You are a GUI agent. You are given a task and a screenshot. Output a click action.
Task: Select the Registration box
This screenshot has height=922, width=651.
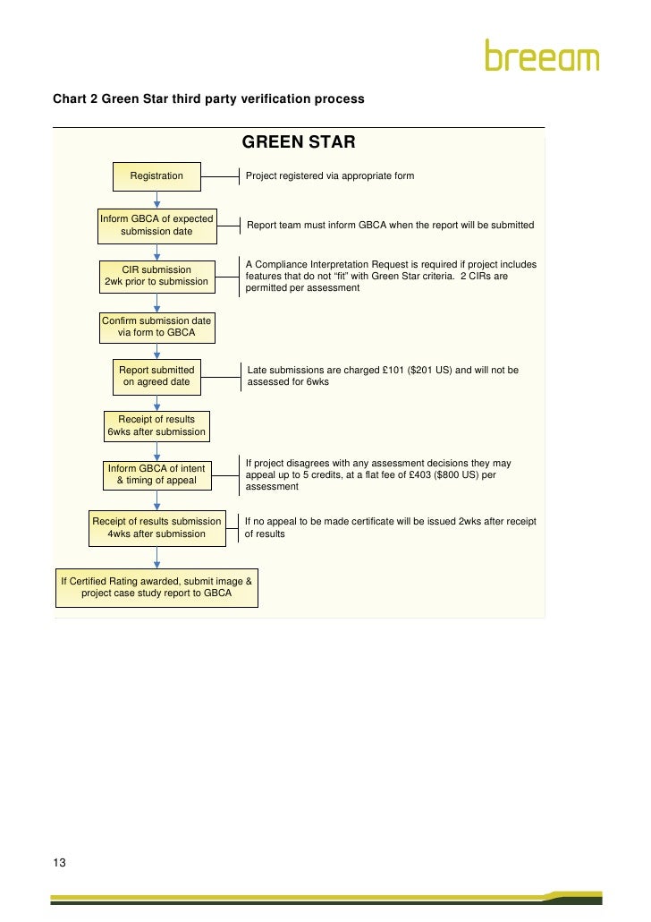[156, 176]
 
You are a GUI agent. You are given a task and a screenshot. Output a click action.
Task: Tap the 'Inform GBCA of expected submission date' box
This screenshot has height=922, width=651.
[156, 226]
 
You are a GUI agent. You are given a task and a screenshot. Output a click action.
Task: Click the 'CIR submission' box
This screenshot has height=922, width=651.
[156, 276]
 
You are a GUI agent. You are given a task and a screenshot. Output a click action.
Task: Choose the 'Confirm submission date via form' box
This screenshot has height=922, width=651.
[156, 327]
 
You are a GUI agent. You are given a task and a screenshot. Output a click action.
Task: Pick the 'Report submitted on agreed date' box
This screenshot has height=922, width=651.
[156, 376]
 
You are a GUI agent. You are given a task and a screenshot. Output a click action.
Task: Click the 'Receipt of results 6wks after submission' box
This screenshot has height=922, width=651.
[156, 425]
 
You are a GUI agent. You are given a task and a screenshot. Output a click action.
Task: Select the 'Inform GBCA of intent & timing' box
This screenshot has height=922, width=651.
[156, 474]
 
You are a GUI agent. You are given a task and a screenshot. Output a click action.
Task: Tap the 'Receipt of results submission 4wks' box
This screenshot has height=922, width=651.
[156, 527]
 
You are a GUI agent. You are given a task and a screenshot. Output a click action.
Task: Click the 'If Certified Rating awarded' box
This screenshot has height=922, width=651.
[156, 587]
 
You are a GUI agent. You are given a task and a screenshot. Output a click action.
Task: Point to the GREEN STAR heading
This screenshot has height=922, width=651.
[299, 142]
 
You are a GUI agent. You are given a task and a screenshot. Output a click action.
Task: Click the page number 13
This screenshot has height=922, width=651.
[60, 863]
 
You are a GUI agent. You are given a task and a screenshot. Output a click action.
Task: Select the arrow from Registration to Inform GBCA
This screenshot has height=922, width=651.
[156, 201]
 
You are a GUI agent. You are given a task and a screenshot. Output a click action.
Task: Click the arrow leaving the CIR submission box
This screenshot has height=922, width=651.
[156, 302]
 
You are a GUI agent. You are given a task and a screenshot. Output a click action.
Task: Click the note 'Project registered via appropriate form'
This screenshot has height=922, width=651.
[330, 176]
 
